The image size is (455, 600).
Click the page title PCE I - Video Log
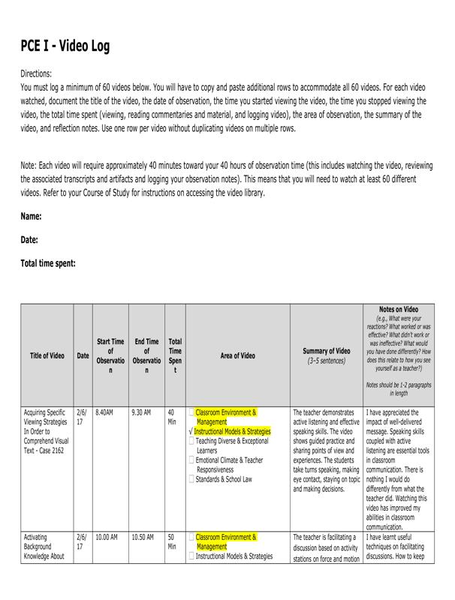65,46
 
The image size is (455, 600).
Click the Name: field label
31,216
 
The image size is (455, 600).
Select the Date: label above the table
29,240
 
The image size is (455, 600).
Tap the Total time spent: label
48,263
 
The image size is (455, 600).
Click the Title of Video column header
47,355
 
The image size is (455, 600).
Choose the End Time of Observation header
146,355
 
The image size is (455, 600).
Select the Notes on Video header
399,309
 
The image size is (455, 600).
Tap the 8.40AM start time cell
104,412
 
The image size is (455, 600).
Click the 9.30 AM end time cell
141,412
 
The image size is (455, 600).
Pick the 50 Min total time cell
173,541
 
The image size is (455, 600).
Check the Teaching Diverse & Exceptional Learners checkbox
192,442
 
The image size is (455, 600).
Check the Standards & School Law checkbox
192,478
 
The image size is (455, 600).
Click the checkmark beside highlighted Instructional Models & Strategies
191,432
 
